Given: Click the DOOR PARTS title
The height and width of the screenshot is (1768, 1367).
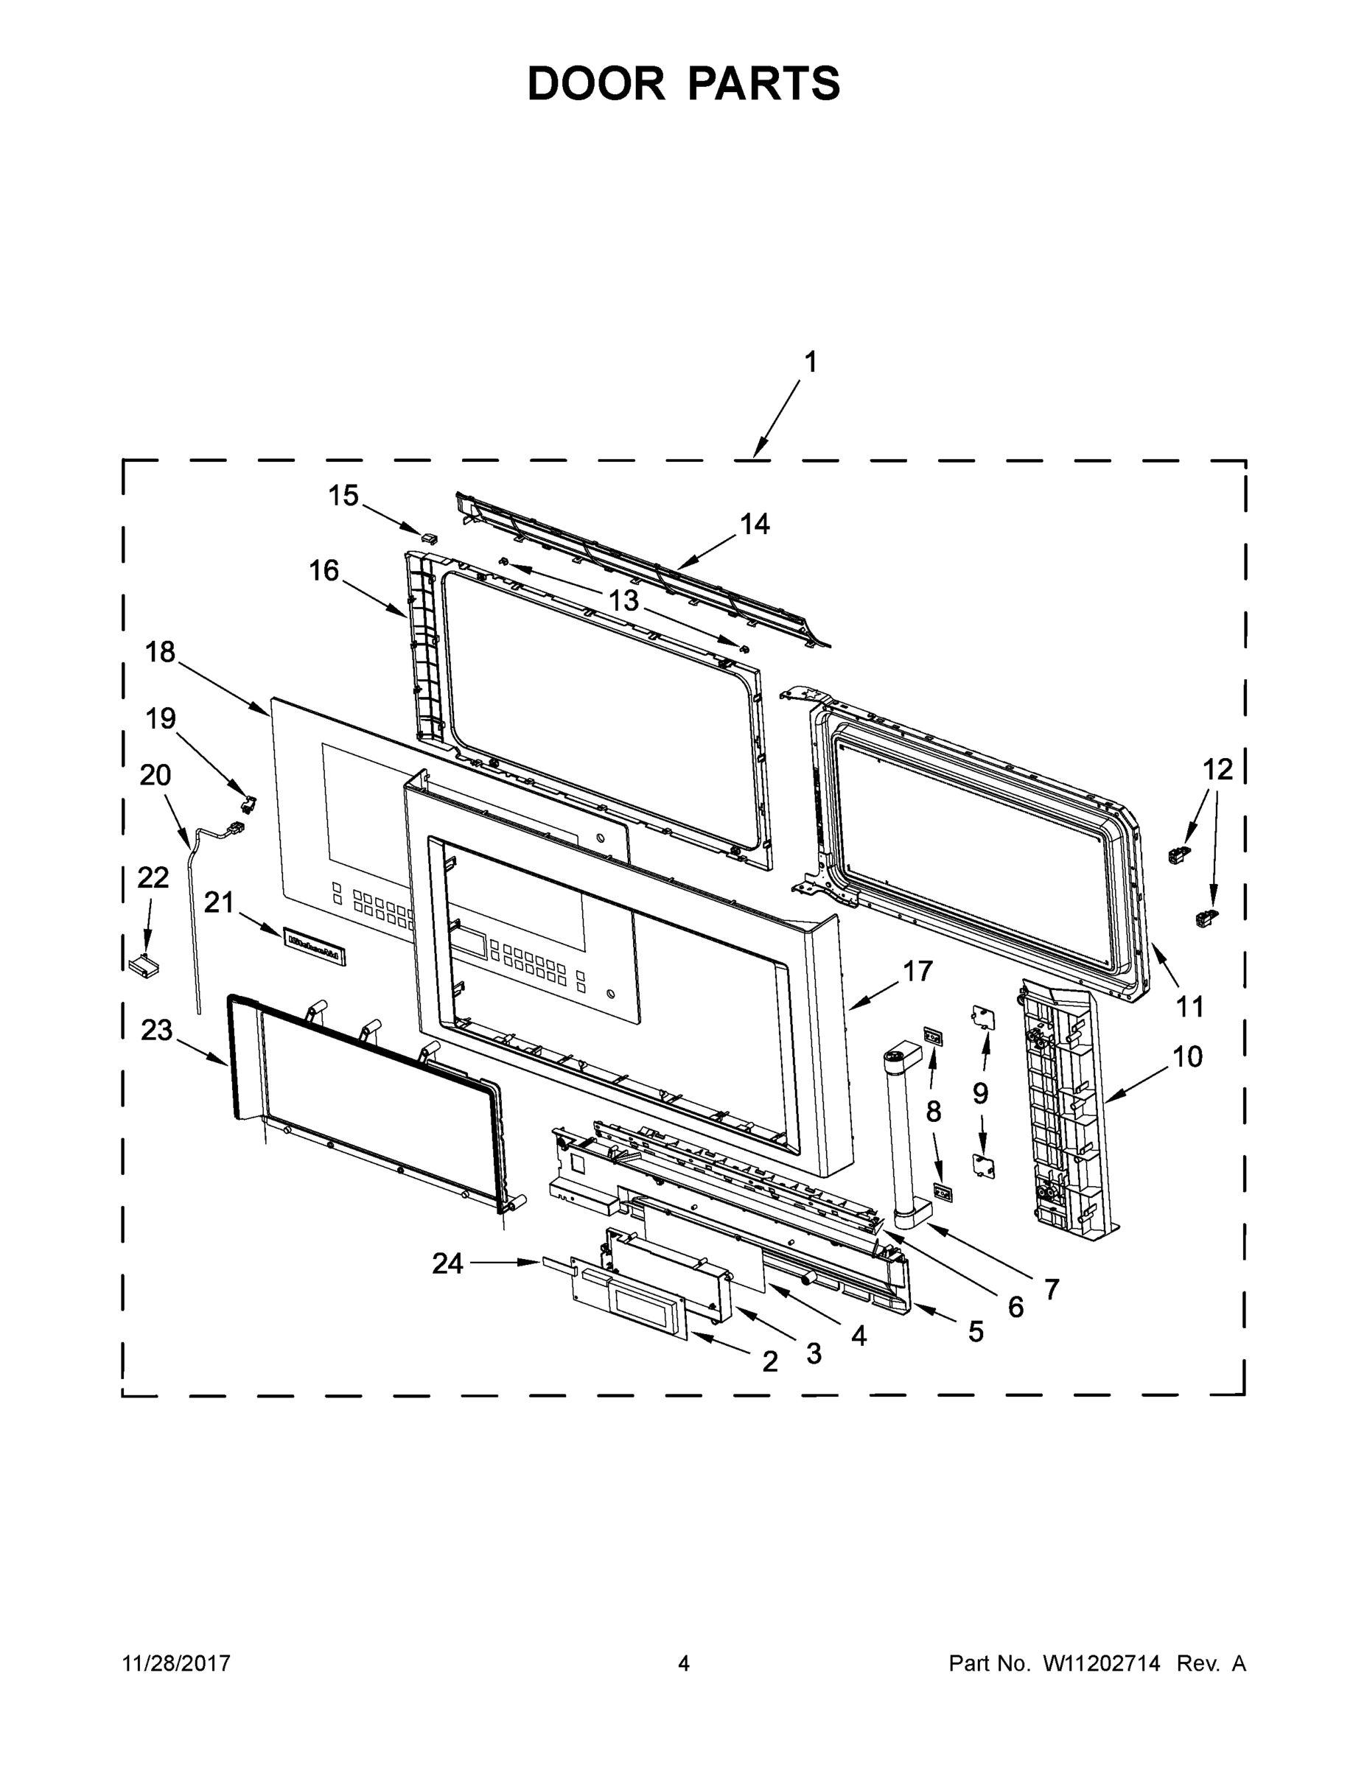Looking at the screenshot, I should point(684,84).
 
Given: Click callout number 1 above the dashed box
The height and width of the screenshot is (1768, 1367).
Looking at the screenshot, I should point(810,362).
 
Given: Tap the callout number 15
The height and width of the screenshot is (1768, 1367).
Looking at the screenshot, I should point(343,496).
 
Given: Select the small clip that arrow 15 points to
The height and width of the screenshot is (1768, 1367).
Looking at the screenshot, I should point(429,538).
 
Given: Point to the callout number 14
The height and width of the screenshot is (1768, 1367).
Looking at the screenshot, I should point(754,525).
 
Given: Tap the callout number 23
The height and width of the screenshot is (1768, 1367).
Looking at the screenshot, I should point(157,1030).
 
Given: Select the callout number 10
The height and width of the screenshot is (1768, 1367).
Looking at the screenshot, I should point(1187,1056).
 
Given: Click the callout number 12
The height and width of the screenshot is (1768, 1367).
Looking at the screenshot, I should point(1217,769).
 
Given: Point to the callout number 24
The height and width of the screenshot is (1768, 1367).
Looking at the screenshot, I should point(447,1263).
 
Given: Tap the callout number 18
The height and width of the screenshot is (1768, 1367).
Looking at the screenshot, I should point(161,652).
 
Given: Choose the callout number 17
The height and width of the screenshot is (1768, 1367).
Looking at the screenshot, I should point(917,971).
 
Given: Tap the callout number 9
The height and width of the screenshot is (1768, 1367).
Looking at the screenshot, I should point(981,1094).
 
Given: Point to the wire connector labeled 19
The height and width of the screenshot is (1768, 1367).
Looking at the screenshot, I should point(248,802).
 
